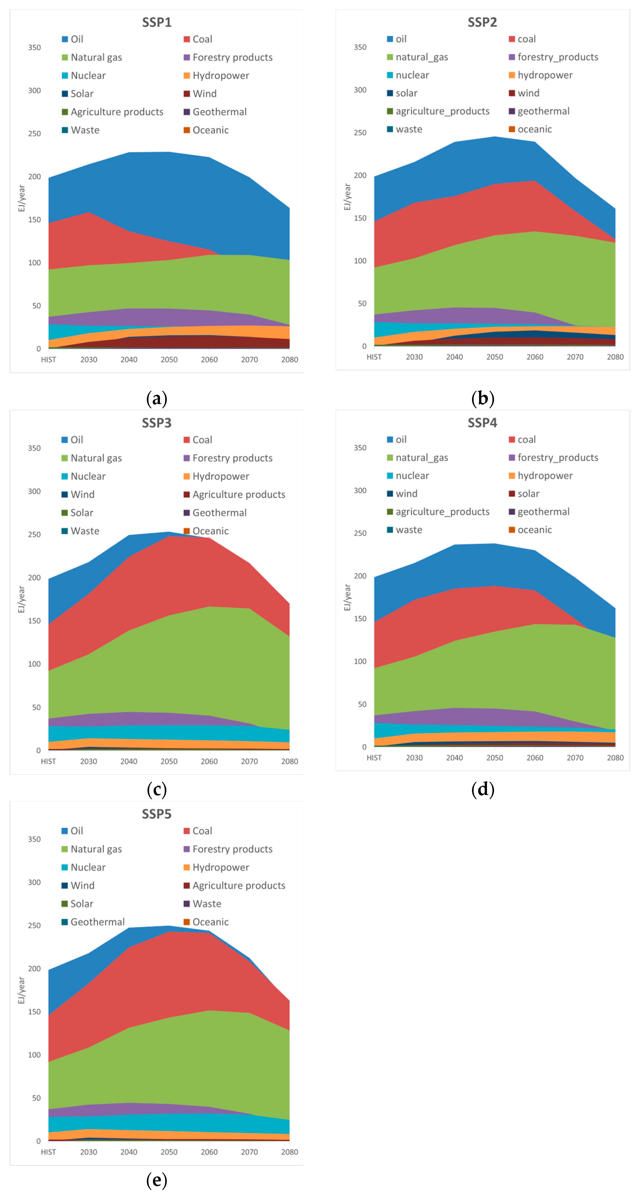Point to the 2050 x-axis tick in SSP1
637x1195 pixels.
point(169,359)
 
